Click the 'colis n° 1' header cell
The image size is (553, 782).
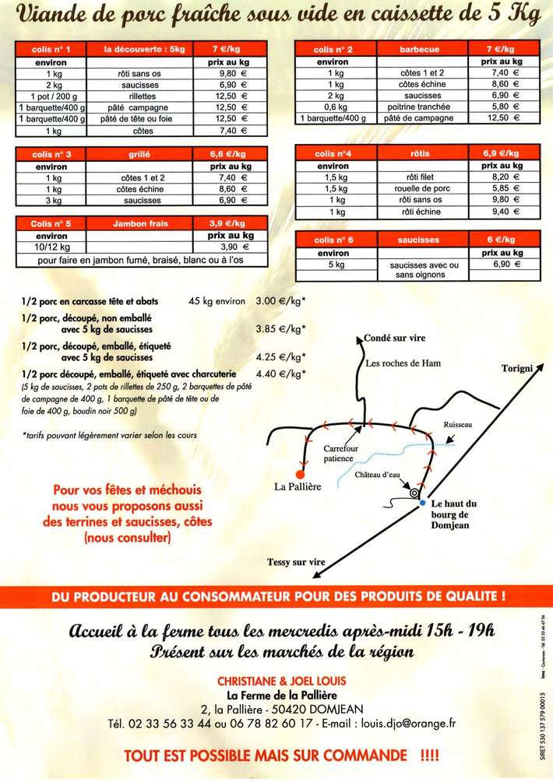coord(51,49)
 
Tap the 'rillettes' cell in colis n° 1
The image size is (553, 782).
coord(145,95)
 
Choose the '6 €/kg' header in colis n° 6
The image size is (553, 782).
coord(501,240)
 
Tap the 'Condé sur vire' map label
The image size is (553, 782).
coord(396,338)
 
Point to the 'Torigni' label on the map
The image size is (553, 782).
coord(517,367)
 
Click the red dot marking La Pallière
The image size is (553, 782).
coord(300,473)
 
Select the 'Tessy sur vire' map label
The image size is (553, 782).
coord(297,562)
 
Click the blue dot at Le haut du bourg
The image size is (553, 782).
coord(422,503)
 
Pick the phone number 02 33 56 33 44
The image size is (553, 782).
coord(172,723)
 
